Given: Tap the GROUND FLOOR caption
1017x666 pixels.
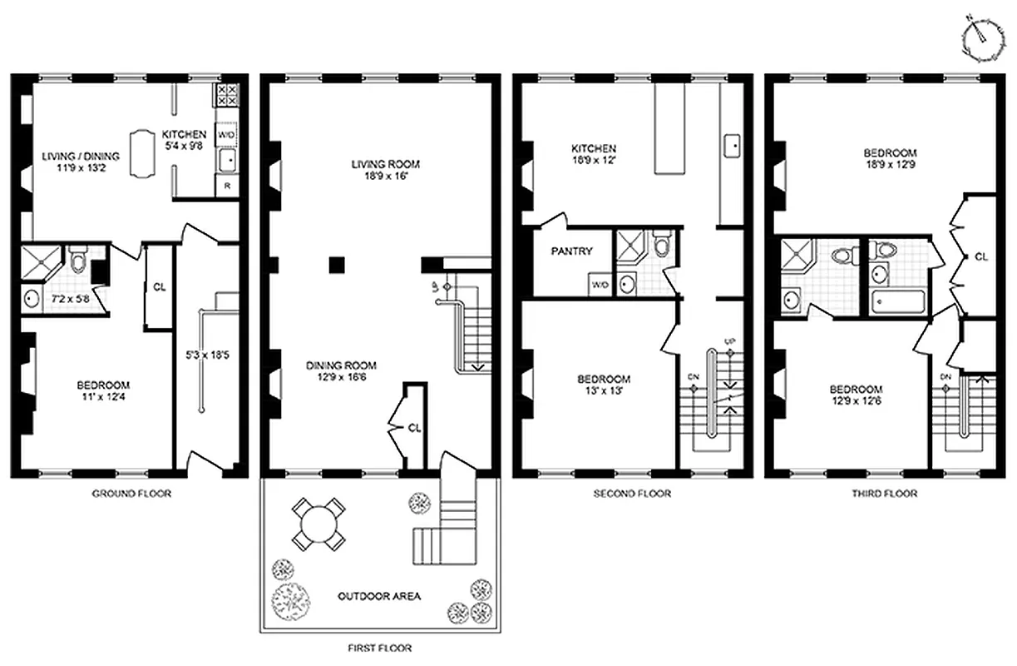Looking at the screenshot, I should click(x=131, y=494).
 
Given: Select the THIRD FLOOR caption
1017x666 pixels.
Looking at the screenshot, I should click(x=883, y=494).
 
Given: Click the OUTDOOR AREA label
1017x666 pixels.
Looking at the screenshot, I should click(x=379, y=596).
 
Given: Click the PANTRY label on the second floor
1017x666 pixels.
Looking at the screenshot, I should click(x=571, y=251).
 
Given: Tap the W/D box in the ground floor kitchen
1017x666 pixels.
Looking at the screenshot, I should click(x=226, y=134).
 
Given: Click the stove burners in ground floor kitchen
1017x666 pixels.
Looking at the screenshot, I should click(x=227, y=97).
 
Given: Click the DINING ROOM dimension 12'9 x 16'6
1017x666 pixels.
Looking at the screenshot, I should click(x=341, y=377).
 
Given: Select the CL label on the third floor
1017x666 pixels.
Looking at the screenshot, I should click(x=980, y=257).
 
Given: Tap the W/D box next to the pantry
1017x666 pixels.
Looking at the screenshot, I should click(x=599, y=285).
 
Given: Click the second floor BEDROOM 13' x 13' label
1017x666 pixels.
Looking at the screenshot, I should click(x=604, y=384).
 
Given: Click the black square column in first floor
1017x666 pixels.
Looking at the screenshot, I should click(x=336, y=265).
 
